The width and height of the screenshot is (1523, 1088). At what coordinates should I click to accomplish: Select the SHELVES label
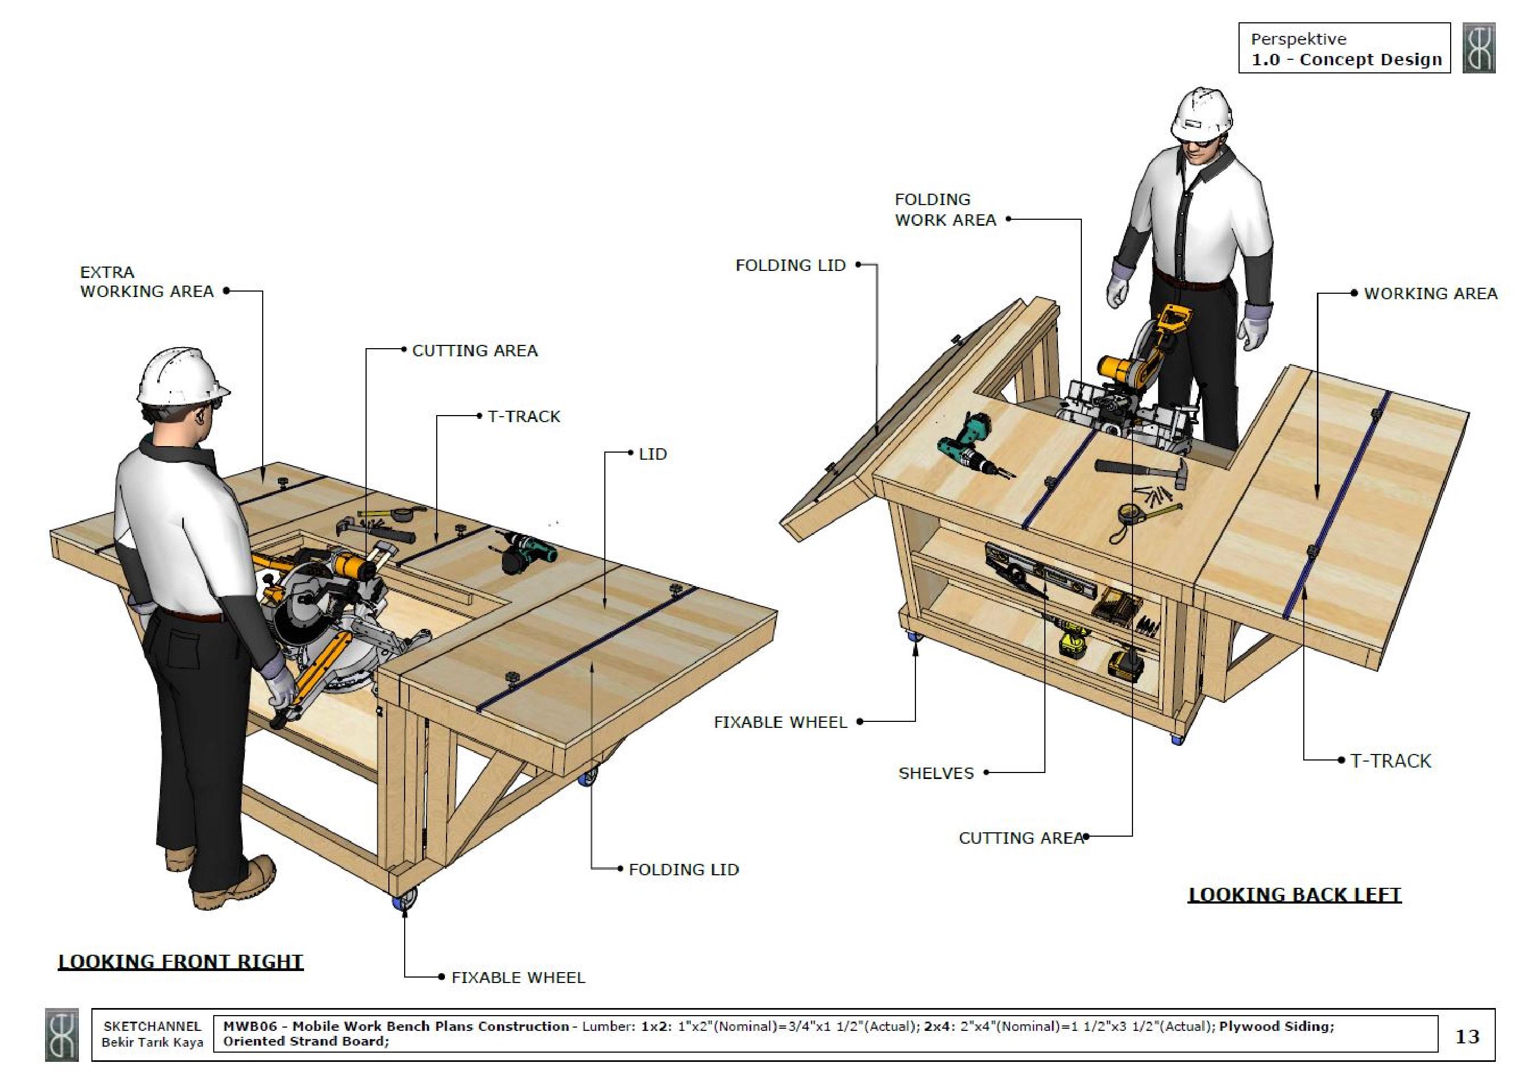[936, 773]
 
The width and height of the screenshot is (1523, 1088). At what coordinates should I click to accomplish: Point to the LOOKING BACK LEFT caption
[1294, 895]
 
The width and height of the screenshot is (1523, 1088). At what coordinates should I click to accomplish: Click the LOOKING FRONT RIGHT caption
[181, 961]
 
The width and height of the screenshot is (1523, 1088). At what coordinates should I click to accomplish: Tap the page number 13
[1467, 1036]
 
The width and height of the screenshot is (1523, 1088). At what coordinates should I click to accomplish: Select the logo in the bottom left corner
[61, 1035]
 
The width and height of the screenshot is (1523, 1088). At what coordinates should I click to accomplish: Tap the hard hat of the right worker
[1202, 112]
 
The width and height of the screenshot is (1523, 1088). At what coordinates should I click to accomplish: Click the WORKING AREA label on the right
[1430, 293]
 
